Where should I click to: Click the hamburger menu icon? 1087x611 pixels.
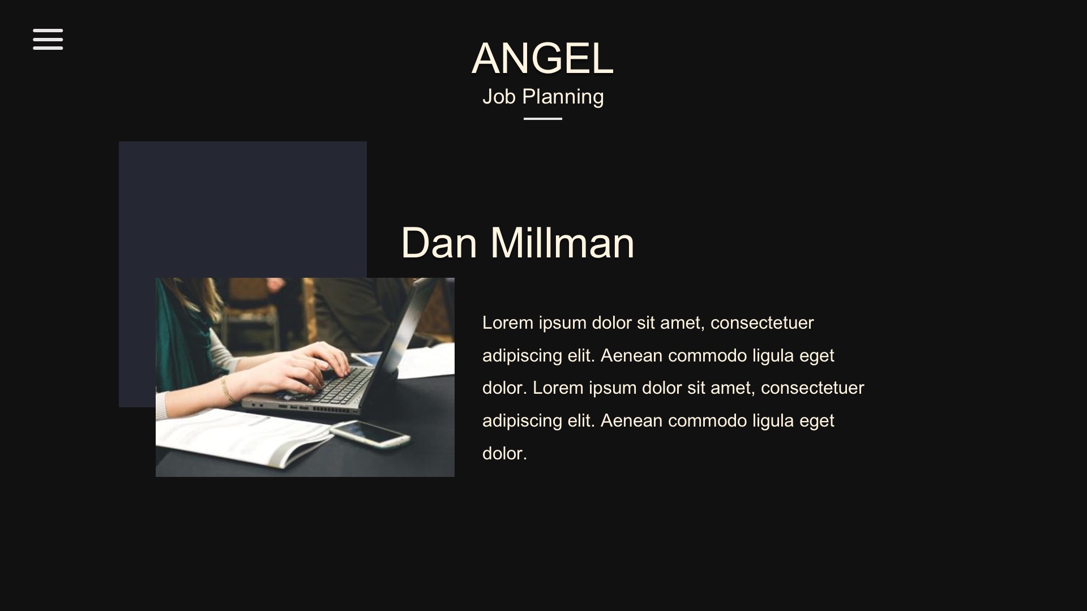click(x=48, y=39)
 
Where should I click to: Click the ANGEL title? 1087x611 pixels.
click(x=542, y=58)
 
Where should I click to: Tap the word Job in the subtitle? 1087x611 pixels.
click(x=499, y=97)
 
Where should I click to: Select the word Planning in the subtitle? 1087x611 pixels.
click(x=563, y=97)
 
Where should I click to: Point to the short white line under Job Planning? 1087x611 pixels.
click(x=543, y=119)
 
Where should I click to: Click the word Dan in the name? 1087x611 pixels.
click(x=439, y=243)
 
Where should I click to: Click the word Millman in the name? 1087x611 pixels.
click(x=562, y=243)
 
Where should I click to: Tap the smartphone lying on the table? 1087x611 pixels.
click(x=370, y=433)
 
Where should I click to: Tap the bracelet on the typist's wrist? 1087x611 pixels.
click(x=228, y=389)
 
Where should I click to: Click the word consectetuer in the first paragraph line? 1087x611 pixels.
click(x=762, y=323)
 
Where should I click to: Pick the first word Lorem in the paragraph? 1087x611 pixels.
click(x=508, y=323)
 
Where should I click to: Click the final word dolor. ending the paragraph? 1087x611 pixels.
click(x=504, y=453)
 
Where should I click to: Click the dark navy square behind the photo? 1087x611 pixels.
click(x=243, y=209)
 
